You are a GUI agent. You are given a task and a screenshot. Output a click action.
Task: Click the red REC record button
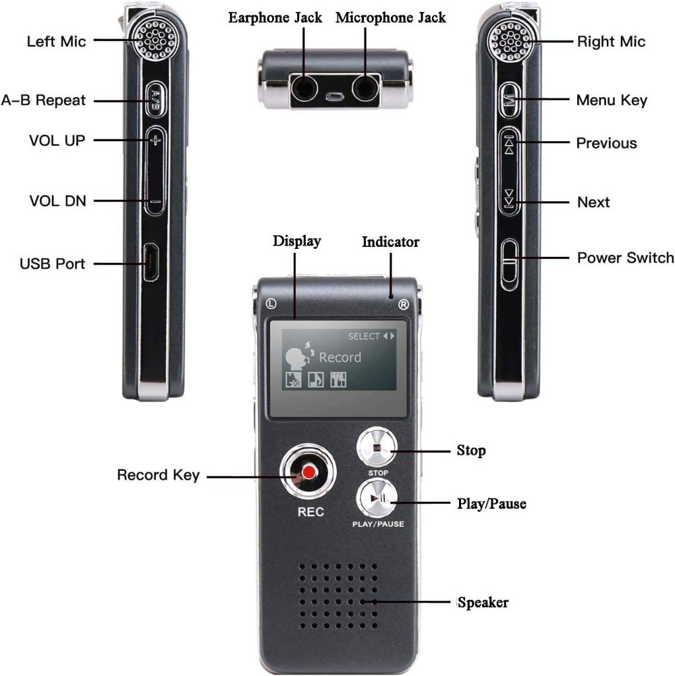point(308,473)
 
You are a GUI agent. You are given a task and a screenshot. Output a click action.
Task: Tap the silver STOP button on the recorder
point(376,449)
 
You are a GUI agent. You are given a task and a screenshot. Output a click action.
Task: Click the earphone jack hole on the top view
point(304,86)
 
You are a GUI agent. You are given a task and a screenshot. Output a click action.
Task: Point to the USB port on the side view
point(151,263)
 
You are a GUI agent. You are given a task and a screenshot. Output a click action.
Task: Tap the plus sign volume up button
point(154,140)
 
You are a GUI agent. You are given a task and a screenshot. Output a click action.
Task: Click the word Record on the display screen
point(340,357)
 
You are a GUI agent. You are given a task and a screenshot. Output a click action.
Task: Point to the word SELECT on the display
point(364,336)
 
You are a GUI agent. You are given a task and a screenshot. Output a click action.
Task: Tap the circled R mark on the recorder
point(403,304)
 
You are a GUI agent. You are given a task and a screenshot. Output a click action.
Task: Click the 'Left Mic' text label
point(56,42)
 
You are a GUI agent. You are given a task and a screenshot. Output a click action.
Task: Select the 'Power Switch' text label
point(625,257)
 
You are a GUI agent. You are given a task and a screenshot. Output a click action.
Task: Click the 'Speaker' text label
point(483,602)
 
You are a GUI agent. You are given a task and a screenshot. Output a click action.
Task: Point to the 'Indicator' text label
point(390,242)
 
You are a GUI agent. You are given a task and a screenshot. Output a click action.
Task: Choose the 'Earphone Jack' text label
point(275,18)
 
